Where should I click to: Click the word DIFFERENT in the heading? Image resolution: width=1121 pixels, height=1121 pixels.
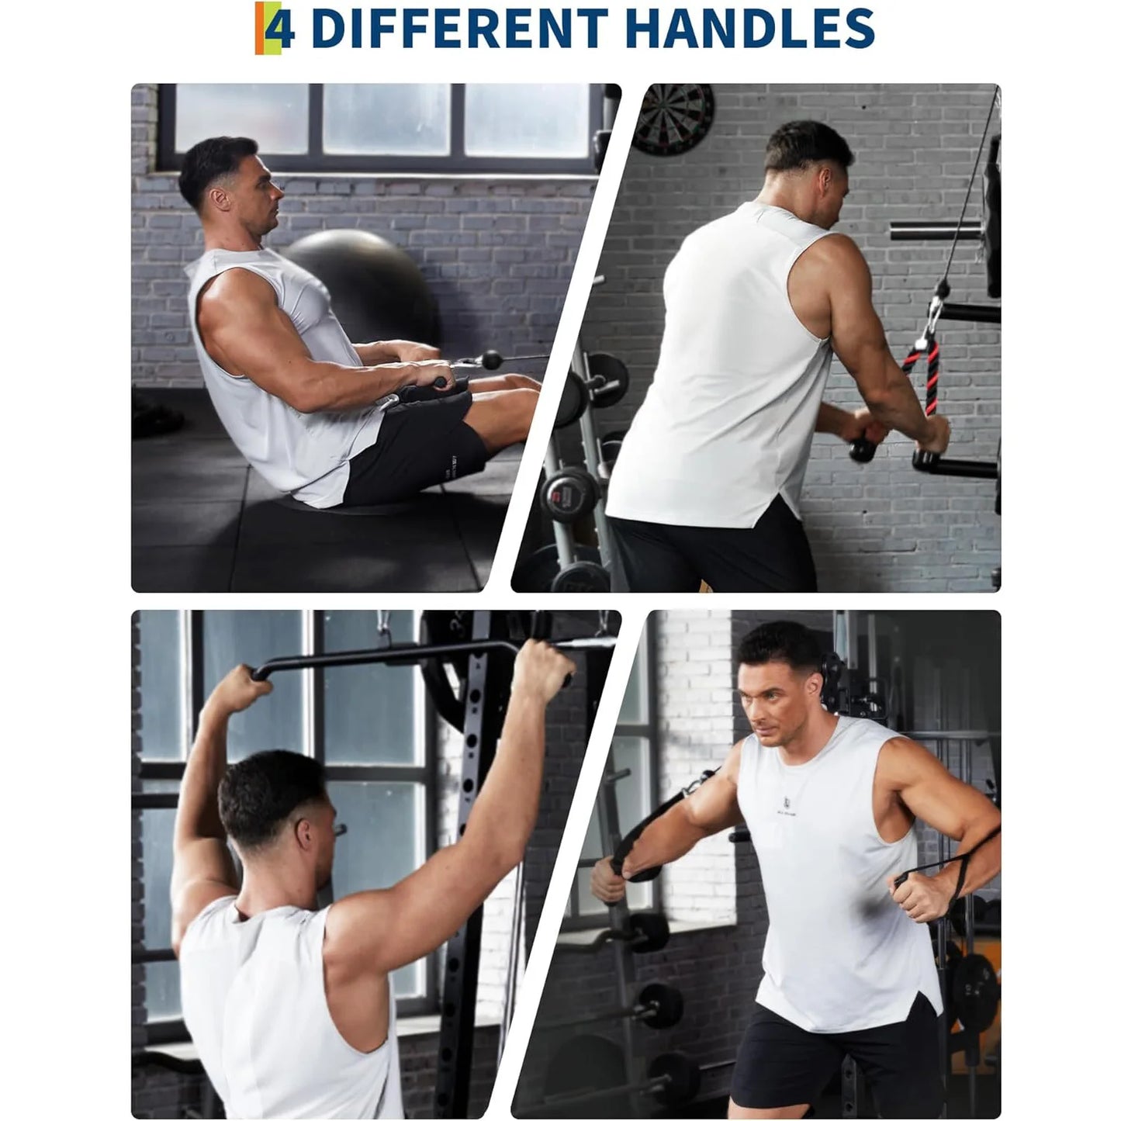[458, 28]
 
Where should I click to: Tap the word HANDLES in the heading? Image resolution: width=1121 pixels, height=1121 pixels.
[749, 28]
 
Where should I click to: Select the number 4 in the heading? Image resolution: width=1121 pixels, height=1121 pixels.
[279, 29]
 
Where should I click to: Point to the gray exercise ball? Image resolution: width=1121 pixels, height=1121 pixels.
[361, 279]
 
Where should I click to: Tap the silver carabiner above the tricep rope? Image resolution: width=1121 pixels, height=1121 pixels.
[936, 310]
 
